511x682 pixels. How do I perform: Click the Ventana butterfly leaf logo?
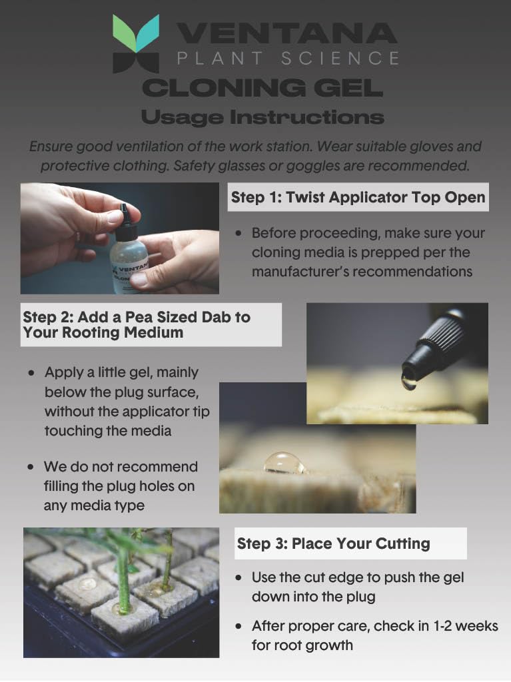tap(136, 43)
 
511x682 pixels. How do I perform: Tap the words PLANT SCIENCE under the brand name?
tap(288, 59)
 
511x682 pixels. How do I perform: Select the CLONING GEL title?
tap(262, 87)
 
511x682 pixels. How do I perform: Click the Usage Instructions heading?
tap(262, 118)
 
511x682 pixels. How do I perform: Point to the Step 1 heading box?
tap(358, 198)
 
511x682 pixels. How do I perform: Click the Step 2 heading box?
tap(151, 324)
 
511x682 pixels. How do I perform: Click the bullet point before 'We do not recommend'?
tap(31, 468)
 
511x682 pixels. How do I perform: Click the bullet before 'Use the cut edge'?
tap(239, 577)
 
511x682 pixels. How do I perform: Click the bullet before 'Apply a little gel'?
tap(31, 373)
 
